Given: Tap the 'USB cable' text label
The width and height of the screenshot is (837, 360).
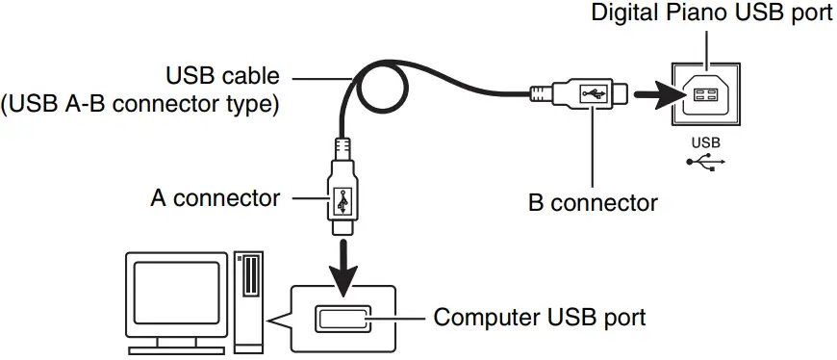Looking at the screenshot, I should [x=224, y=75].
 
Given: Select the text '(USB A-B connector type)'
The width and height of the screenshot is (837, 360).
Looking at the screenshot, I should [x=141, y=103].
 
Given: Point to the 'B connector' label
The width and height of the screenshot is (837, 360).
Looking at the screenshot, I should [x=593, y=203].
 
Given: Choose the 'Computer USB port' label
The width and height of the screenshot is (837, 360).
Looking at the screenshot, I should [x=539, y=316].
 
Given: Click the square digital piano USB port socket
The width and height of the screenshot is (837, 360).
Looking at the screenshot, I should [x=705, y=96].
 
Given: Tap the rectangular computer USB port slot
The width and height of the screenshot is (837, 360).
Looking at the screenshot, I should [x=342, y=317].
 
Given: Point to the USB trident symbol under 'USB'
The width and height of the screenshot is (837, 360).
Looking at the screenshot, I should [x=705, y=161].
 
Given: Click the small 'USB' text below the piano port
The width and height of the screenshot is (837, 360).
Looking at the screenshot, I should [x=705, y=141].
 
